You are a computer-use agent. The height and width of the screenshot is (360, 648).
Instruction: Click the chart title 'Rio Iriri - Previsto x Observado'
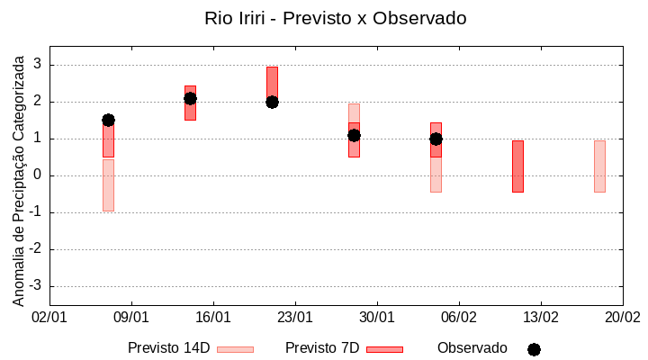click(x=335, y=18)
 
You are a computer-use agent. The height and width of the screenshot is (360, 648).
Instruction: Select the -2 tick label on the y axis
click(x=35, y=249)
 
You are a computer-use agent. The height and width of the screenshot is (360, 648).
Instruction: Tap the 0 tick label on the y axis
click(x=38, y=175)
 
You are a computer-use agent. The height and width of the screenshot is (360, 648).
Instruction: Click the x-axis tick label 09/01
click(x=131, y=318)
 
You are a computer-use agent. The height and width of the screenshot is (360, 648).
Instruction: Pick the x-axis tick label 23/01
click(x=295, y=318)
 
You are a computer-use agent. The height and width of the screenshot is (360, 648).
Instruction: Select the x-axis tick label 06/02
click(x=459, y=318)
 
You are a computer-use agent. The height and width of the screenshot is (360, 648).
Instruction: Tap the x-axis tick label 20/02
click(x=622, y=318)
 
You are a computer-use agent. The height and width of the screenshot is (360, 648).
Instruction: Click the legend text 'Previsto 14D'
click(x=168, y=348)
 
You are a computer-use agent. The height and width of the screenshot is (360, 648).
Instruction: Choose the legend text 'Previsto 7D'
click(x=322, y=348)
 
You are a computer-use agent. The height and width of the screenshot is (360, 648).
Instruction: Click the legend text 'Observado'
click(x=472, y=348)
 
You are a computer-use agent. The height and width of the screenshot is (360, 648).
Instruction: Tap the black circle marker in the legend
click(x=534, y=349)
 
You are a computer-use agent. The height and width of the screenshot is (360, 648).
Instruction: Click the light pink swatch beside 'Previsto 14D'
click(x=235, y=349)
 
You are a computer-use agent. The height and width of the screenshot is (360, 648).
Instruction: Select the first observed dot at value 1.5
click(x=108, y=120)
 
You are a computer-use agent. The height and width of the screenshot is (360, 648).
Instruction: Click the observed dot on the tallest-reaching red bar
click(x=272, y=102)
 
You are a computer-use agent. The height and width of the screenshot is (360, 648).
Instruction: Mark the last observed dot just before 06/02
click(x=436, y=139)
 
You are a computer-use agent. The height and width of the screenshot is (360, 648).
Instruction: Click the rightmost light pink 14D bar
click(x=599, y=166)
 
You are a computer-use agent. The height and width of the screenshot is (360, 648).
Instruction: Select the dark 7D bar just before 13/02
click(x=517, y=166)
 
